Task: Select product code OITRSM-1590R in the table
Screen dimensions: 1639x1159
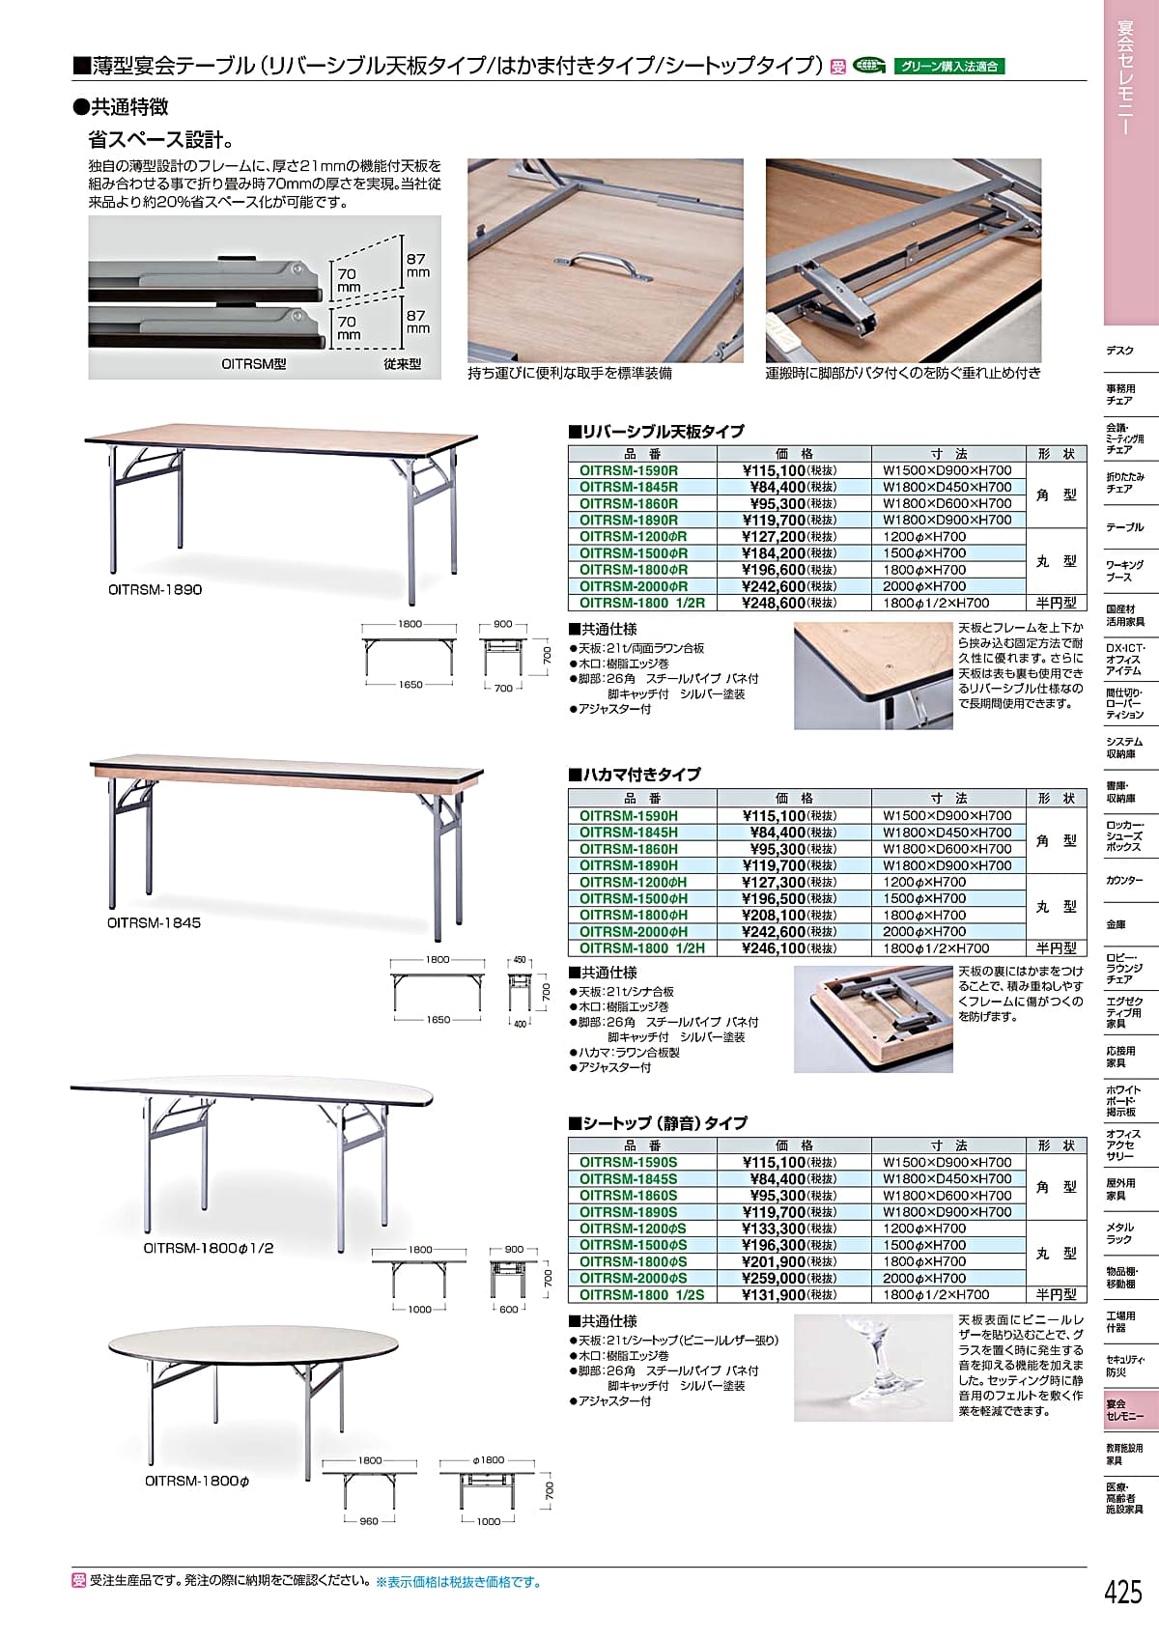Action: click(x=629, y=471)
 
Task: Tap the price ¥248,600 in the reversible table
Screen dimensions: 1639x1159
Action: click(x=774, y=603)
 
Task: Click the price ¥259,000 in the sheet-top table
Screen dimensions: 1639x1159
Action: click(x=774, y=1279)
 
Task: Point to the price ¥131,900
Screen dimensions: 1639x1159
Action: click(x=774, y=1295)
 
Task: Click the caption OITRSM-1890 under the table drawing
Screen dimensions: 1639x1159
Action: click(x=155, y=589)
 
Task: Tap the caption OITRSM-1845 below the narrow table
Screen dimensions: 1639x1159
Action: click(x=155, y=922)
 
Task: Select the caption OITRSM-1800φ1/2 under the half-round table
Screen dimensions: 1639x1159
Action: click(x=209, y=1248)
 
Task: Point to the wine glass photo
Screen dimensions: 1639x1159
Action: click(x=872, y=1367)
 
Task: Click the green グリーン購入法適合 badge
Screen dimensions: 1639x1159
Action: click(x=950, y=67)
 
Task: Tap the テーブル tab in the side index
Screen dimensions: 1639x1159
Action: click(x=1124, y=527)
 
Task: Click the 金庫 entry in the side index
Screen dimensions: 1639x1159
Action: click(x=1116, y=924)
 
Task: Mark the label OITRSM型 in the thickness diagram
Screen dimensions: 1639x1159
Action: click(x=254, y=364)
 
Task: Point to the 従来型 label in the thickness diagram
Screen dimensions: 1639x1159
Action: click(x=402, y=364)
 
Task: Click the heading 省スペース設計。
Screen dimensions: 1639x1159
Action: click(x=161, y=139)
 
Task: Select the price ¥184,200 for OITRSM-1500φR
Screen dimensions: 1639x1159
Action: click(x=774, y=553)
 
